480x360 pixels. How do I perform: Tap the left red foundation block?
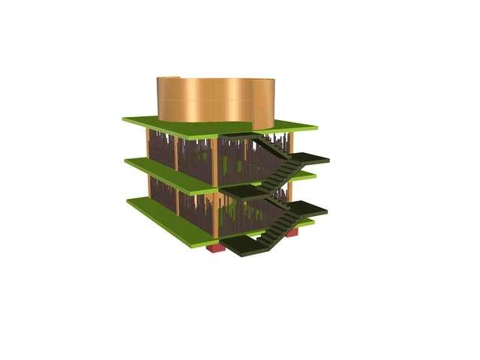[217, 247]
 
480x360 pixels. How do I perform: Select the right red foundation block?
[292, 232]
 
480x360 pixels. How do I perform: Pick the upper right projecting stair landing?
[309, 159]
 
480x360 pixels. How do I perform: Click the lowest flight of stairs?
[276, 232]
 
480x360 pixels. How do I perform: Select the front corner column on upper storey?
[214, 161]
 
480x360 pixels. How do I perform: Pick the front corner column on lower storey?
[214, 214]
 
